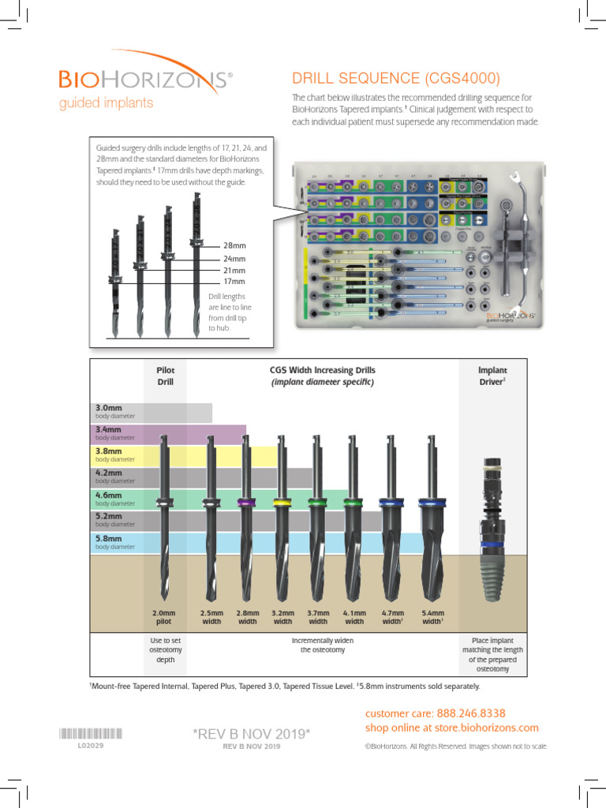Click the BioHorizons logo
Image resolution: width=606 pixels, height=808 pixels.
pyautogui.click(x=145, y=79)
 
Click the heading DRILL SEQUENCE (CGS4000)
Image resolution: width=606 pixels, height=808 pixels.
pyautogui.click(x=395, y=79)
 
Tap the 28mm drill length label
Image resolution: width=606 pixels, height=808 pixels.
pyautogui.click(x=234, y=245)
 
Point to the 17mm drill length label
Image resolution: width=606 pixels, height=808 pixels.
pyautogui.click(x=234, y=281)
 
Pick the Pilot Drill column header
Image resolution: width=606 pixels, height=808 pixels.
pyautogui.click(x=166, y=375)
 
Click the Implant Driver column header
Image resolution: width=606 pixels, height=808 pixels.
pyautogui.click(x=492, y=375)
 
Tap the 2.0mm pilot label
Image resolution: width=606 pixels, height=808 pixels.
pyautogui.click(x=164, y=616)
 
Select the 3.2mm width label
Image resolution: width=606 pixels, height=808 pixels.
pyautogui.click(x=282, y=616)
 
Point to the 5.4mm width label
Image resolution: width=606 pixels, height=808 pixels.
pyautogui.click(x=432, y=616)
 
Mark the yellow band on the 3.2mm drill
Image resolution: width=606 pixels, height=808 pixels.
pyautogui.click(x=279, y=502)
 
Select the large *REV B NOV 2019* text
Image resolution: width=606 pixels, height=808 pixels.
pyautogui.click(x=252, y=734)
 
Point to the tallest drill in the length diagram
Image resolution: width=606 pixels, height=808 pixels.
pyautogui.click(x=197, y=260)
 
